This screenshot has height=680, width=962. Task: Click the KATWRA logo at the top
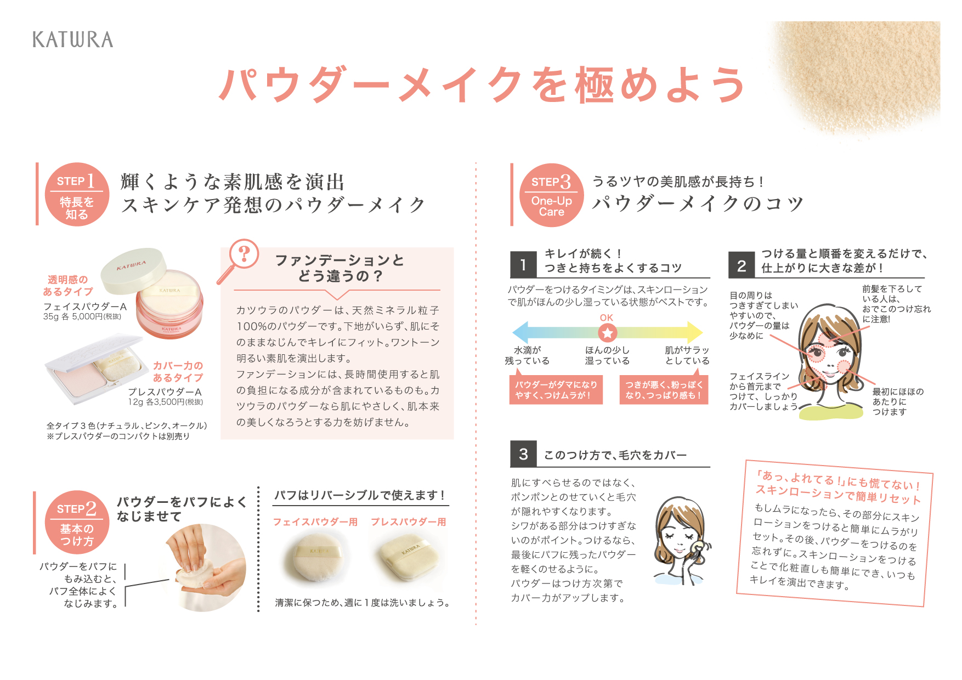(73, 39)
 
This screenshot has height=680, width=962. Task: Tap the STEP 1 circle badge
(77, 195)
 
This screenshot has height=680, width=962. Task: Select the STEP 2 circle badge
(77, 522)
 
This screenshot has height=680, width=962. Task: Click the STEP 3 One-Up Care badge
(552, 195)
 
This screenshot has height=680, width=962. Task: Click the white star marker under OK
(607, 332)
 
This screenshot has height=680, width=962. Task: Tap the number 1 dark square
(523, 265)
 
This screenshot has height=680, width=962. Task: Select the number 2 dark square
(742, 265)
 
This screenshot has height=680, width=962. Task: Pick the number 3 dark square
(523, 454)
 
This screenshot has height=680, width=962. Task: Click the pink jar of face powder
(169, 304)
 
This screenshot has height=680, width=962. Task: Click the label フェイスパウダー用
(315, 522)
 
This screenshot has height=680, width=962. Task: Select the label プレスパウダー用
(409, 522)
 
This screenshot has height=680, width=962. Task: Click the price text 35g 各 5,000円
(82, 316)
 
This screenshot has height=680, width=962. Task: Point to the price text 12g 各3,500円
(166, 402)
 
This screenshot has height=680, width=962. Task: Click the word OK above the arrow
(607, 318)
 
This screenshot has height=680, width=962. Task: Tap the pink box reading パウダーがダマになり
(556, 390)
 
